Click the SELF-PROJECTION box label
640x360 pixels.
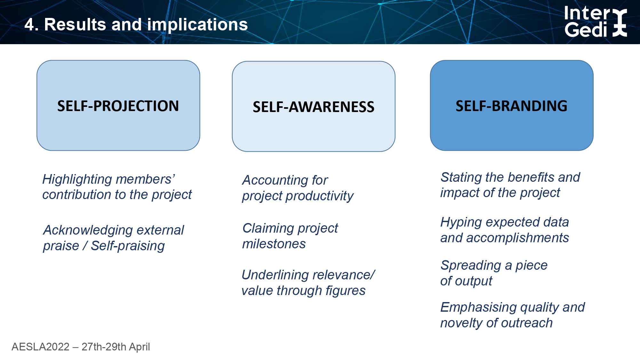tap(118, 106)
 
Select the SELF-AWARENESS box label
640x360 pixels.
tap(314, 107)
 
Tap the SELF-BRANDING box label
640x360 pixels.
tap(511, 106)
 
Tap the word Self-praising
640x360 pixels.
tap(128, 246)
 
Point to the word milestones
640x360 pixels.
tap(274, 244)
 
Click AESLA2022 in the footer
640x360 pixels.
tap(41, 347)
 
